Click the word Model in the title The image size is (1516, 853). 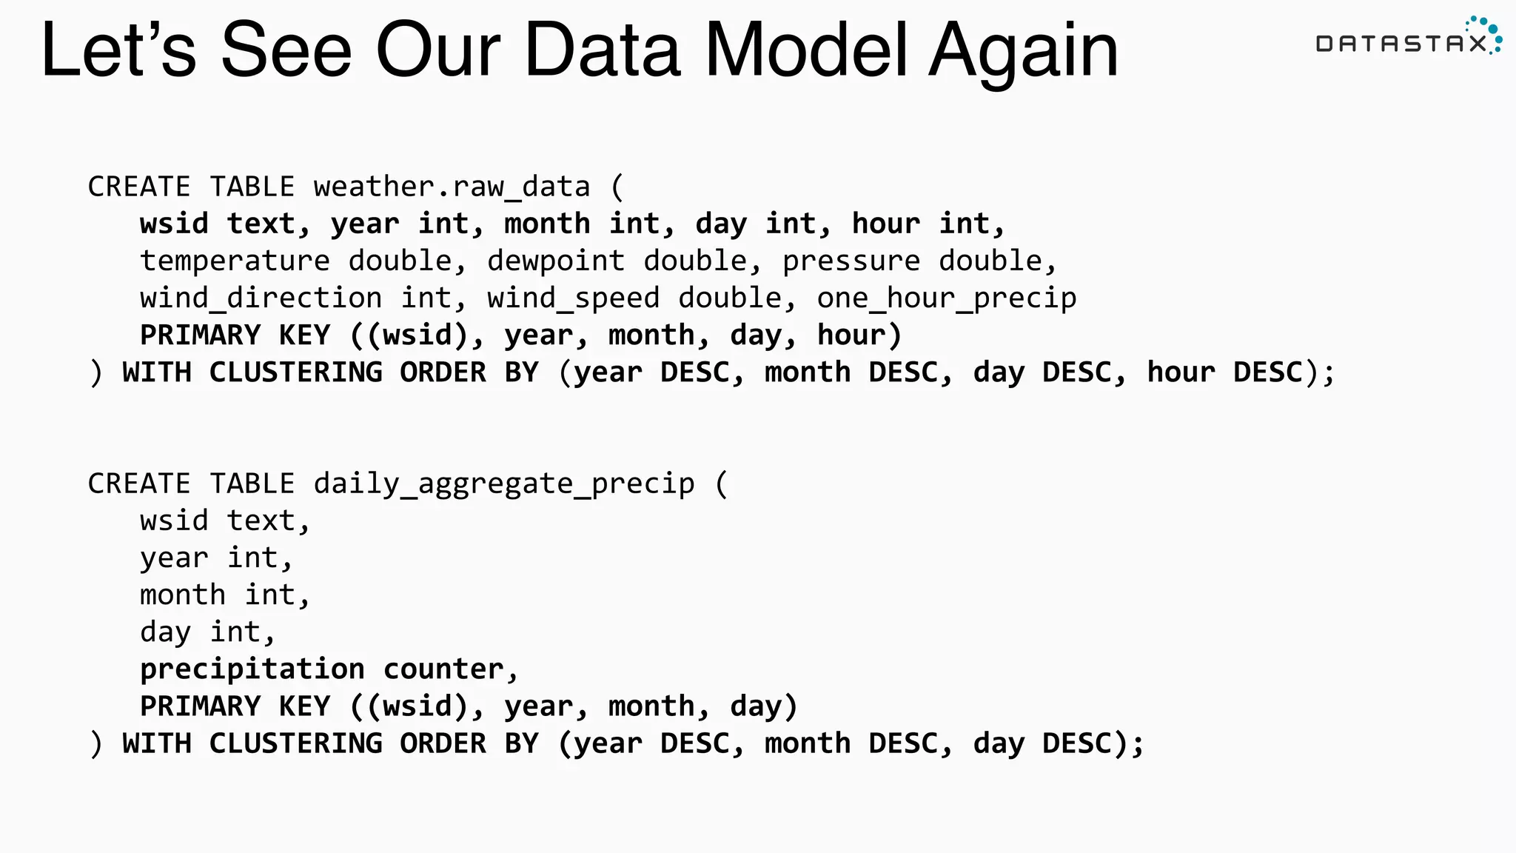click(x=806, y=50)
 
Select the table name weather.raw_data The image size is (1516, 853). click(x=452, y=187)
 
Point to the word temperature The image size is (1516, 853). click(x=235, y=261)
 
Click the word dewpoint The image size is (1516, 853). click(x=556, y=261)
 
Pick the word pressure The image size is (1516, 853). click(x=851, y=261)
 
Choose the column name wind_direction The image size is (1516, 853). click(x=261, y=298)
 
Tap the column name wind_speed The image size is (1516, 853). click(x=573, y=298)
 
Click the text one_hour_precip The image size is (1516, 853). click(x=947, y=298)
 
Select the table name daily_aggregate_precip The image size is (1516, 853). click(x=503, y=484)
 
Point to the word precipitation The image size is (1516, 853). click(x=252, y=669)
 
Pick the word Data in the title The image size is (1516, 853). click(x=602, y=50)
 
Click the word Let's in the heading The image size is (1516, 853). click(x=118, y=50)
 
